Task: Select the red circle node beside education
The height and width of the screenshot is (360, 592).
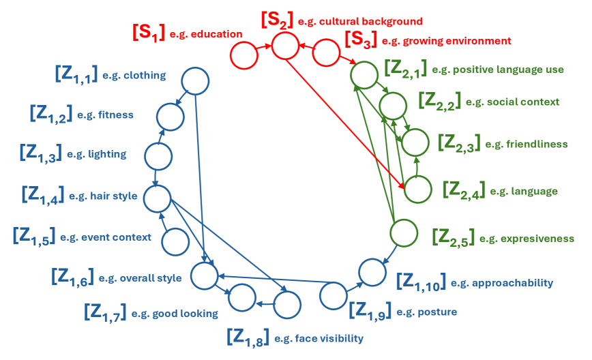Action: (x=243, y=55)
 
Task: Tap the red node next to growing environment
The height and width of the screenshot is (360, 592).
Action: (x=326, y=52)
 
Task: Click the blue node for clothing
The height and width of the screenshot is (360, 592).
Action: (x=194, y=81)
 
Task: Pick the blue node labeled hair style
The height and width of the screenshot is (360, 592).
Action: (x=156, y=198)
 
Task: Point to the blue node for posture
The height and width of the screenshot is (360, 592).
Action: (x=333, y=296)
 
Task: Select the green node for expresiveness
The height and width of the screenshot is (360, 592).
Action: (x=403, y=232)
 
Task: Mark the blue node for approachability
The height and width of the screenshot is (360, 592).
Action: (x=372, y=272)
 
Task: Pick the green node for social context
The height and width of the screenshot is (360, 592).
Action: (x=393, y=106)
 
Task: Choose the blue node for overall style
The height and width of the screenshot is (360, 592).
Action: (x=203, y=275)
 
